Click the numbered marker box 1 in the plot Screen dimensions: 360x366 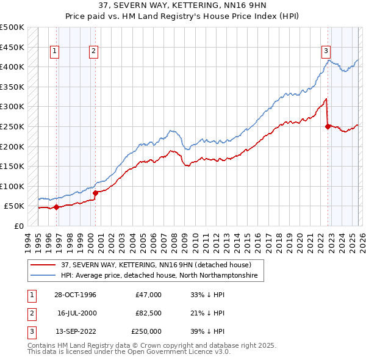tap(55, 52)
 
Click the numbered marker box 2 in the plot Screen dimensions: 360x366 tap(94, 52)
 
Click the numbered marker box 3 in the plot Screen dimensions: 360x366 tap(326, 52)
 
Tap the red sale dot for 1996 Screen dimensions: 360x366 tap(57, 207)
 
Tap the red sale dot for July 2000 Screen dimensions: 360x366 tap(96, 193)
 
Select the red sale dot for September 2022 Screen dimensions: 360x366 tap(328, 126)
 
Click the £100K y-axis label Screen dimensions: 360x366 tap(12, 186)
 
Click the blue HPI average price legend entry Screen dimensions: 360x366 tap(159, 276)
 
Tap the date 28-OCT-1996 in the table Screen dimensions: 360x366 tap(76, 295)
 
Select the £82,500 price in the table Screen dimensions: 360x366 tap(148, 313)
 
